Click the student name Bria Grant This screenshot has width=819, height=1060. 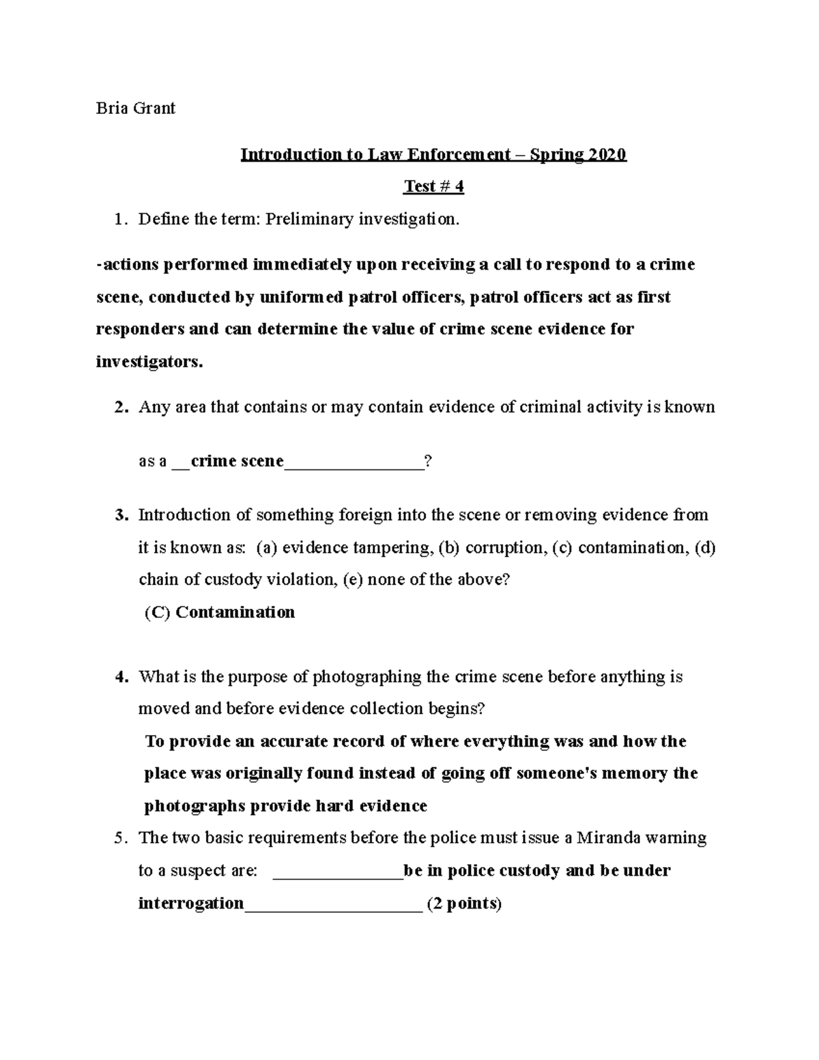coord(135,108)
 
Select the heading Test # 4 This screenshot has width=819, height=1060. coord(433,186)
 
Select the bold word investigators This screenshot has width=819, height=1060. coord(149,362)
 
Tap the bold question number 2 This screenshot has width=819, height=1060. coord(121,407)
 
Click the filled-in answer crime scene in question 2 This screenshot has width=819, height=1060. coord(237,461)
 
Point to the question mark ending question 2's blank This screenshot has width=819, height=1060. coord(427,461)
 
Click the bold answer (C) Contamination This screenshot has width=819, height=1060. coord(220,612)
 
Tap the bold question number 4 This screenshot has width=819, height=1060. coord(121,677)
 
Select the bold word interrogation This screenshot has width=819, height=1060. coord(191,903)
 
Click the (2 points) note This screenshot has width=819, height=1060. coord(464,904)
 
